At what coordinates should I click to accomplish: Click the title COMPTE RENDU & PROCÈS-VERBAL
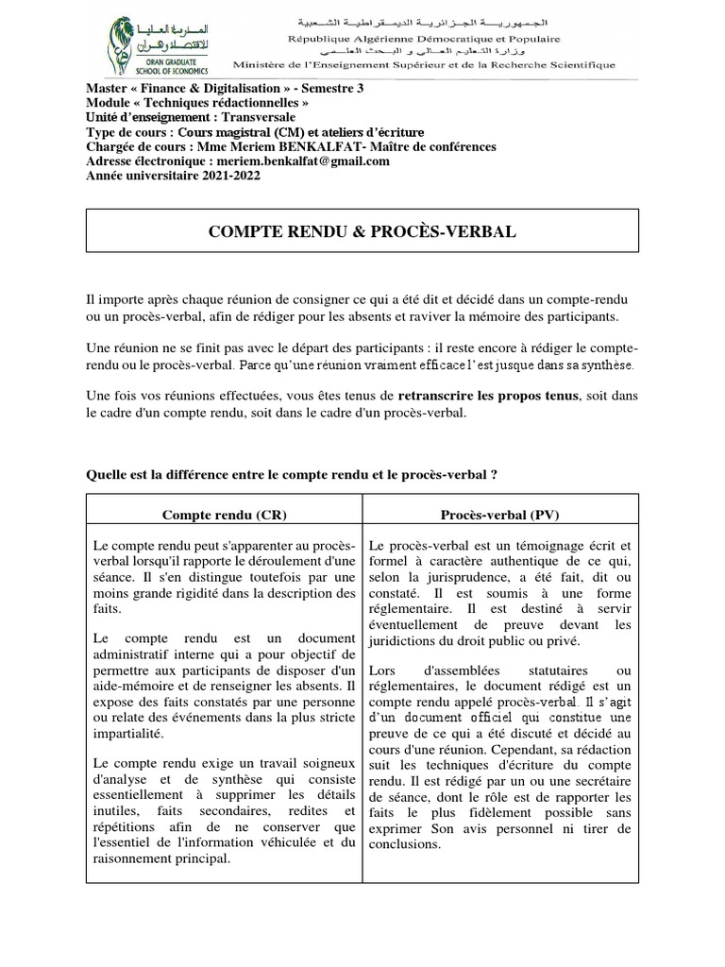[362, 231]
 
